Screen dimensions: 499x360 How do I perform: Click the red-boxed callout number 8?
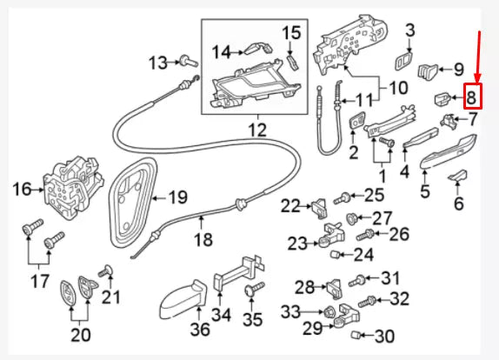click(472, 97)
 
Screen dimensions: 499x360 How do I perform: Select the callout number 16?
click(23, 190)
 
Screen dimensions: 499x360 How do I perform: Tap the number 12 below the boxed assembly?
click(257, 130)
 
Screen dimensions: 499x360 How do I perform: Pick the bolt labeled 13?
click(189, 61)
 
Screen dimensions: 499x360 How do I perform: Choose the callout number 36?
click(201, 329)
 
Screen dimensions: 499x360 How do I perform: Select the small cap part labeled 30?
click(356, 335)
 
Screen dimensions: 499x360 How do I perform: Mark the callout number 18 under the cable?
click(203, 239)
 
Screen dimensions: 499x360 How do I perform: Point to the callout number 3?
click(410, 30)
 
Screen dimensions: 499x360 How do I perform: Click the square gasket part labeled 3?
click(403, 61)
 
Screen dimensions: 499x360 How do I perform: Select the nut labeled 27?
click(352, 218)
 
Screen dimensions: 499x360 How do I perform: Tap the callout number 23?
click(298, 243)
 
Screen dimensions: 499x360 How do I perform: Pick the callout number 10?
click(398, 88)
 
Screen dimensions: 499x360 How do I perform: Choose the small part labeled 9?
click(428, 70)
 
